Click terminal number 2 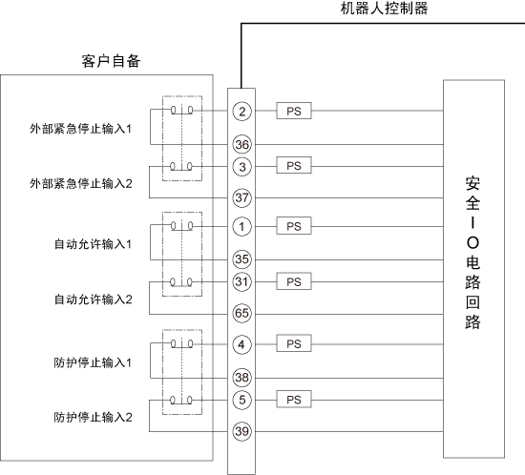(241, 111)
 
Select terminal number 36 (241, 145)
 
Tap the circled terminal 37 (241, 197)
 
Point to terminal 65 (241, 314)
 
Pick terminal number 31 (241, 281)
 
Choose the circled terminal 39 (241, 431)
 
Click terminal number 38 (241, 378)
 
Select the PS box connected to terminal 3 (294, 165)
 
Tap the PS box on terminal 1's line (294, 226)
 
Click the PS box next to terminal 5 (294, 399)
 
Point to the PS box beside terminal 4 (294, 343)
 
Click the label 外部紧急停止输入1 (81, 129)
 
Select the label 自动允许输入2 (94, 299)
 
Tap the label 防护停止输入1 (93, 362)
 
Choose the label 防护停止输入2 (94, 418)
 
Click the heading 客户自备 (111, 61)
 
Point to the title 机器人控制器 (384, 9)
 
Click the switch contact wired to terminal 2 (181, 110)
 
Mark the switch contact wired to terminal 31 (181, 282)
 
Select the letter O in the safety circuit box (472, 243)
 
